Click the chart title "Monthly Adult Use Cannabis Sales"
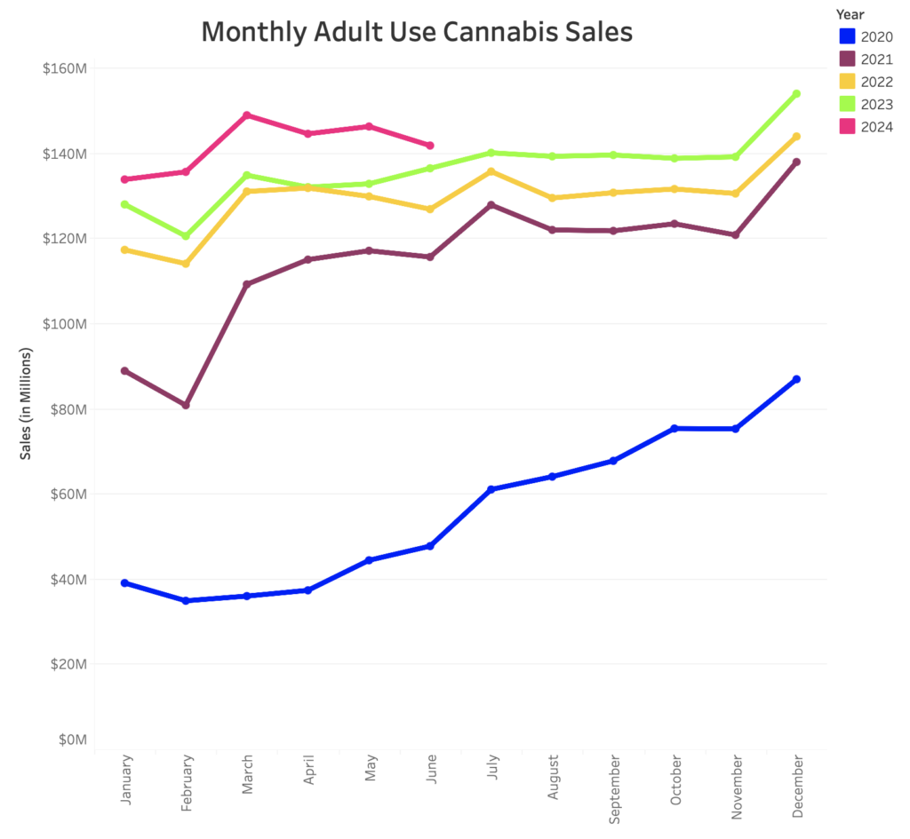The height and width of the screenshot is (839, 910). point(417,32)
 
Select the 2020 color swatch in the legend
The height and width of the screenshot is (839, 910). point(848,36)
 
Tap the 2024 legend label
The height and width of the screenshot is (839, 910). point(877,127)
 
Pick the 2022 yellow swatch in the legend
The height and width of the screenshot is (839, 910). point(848,82)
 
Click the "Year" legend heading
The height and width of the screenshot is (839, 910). point(850,14)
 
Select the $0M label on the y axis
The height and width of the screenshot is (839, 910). point(70,739)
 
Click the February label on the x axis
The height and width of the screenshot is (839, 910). point(187,781)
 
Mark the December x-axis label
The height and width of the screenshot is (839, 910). point(797,787)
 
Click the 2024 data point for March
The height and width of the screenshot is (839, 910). point(247,115)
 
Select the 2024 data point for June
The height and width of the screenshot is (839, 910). point(430,146)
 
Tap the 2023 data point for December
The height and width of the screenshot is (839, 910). point(796,93)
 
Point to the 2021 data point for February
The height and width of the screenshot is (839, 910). point(186,405)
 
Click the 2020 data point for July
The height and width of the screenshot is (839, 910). point(491,489)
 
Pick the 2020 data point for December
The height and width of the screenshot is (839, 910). point(796,379)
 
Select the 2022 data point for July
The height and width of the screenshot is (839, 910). point(491,171)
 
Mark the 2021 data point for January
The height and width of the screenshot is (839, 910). point(124,370)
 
